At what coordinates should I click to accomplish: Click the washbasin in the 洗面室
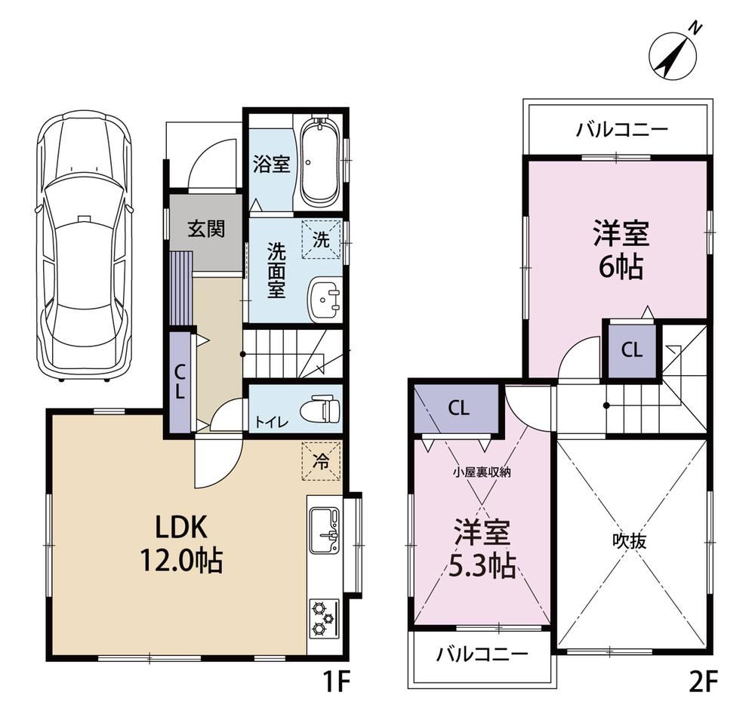(325, 298)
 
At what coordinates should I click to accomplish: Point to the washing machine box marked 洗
(321, 239)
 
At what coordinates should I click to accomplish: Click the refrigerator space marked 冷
(321, 460)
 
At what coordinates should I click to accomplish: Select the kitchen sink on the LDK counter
(325, 531)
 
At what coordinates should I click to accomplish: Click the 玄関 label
(207, 229)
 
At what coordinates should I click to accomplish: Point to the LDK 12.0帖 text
(181, 543)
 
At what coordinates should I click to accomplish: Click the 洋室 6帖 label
(621, 249)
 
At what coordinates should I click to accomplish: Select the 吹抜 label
(630, 541)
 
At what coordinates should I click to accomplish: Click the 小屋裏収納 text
(481, 472)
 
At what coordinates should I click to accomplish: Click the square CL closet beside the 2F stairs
(632, 350)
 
